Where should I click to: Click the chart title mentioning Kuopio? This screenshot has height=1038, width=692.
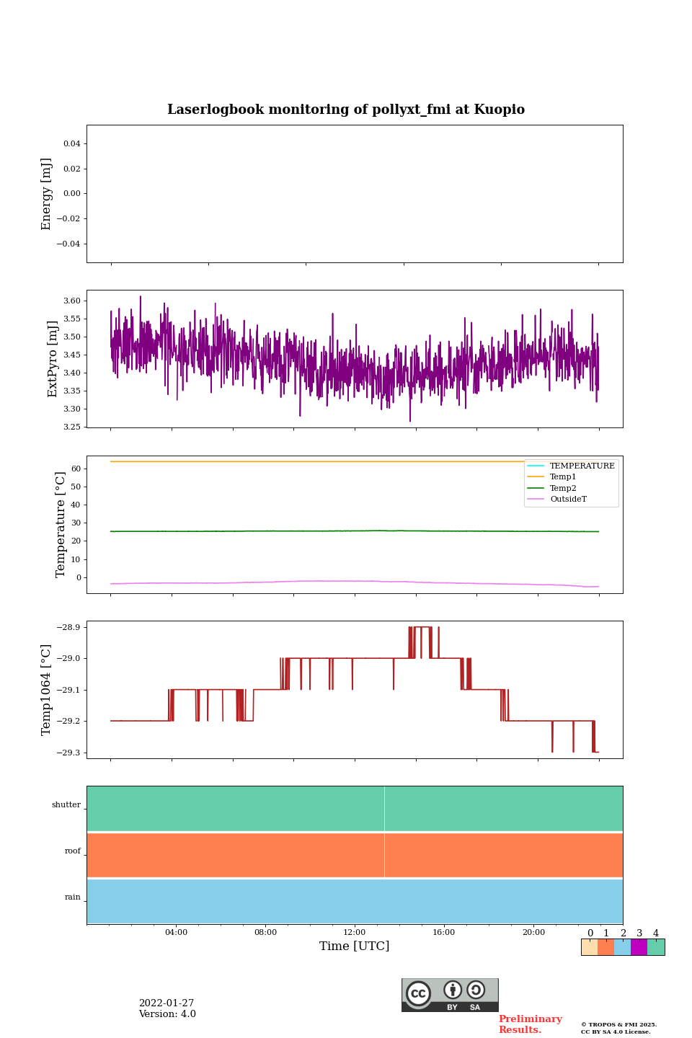(x=346, y=110)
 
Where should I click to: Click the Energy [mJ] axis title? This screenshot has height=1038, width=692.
(x=47, y=194)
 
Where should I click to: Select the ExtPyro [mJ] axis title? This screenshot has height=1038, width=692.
(x=53, y=359)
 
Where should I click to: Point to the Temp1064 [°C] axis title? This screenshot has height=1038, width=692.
(x=47, y=690)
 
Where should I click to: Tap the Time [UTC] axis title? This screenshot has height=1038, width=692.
(x=355, y=946)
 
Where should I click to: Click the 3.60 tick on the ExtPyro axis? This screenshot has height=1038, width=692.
(x=72, y=301)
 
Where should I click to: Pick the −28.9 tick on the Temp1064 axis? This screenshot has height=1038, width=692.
(x=68, y=627)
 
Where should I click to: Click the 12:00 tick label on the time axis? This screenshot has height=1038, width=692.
(x=355, y=933)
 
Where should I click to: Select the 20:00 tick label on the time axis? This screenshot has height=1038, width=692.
(x=533, y=933)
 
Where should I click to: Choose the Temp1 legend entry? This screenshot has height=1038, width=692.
(x=563, y=477)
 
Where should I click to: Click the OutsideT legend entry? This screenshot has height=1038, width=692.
(x=568, y=500)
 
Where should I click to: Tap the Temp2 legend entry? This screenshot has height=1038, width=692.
(x=563, y=488)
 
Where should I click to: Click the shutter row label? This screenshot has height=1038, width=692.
(x=66, y=805)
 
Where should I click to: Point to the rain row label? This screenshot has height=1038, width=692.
(x=73, y=897)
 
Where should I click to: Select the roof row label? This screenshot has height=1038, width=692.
(x=73, y=851)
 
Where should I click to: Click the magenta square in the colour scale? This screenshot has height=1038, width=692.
(x=639, y=947)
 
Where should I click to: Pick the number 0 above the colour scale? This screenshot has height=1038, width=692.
(x=590, y=933)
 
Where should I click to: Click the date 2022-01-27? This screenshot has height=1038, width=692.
(x=167, y=1003)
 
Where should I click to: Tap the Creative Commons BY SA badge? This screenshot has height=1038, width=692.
(x=450, y=995)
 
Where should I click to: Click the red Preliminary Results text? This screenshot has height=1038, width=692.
(x=530, y=1024)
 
